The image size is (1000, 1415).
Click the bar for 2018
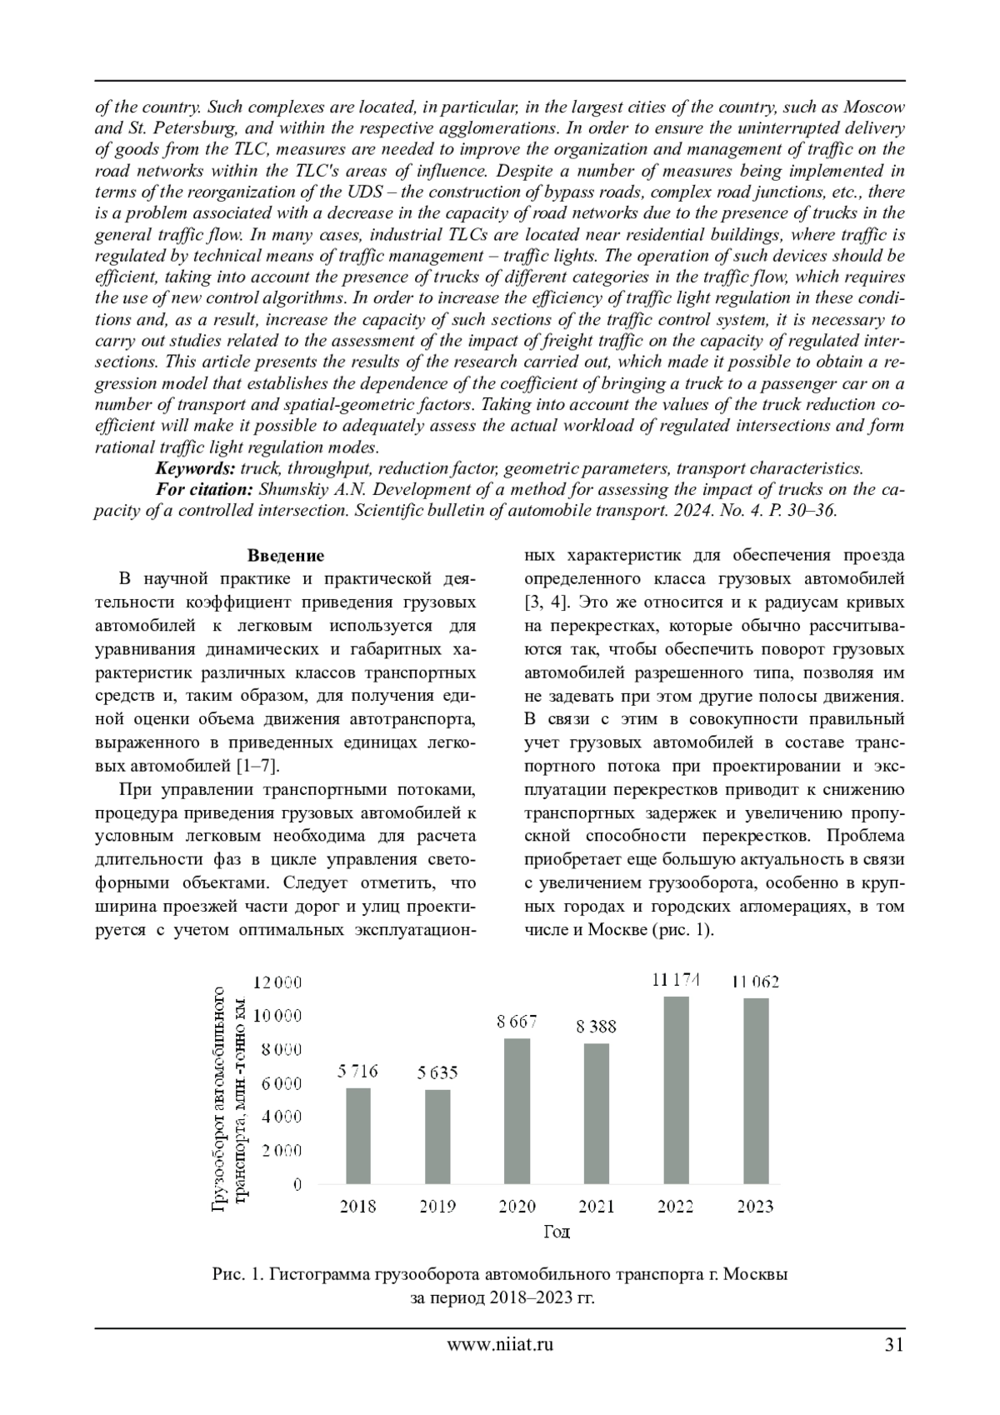point(358,1136)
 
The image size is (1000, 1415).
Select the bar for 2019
point(437,1137)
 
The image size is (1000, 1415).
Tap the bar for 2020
point(517,1111)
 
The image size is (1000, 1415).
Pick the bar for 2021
point(597,1113)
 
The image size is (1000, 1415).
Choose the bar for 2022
point(676,1090)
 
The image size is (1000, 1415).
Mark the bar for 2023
point(755,1091)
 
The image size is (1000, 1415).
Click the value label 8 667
point(517,1021)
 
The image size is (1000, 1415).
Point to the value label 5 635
point(437,1072)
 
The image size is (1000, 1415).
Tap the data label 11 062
point(755,982)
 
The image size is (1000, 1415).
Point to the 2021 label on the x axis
point(597,1206)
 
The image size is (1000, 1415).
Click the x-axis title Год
point(557,1232)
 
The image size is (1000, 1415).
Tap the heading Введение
point(286,556)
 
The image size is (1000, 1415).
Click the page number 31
point(894,1343)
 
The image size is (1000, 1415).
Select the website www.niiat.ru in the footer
point(500,1343)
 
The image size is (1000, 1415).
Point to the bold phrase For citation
point(205,489)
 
